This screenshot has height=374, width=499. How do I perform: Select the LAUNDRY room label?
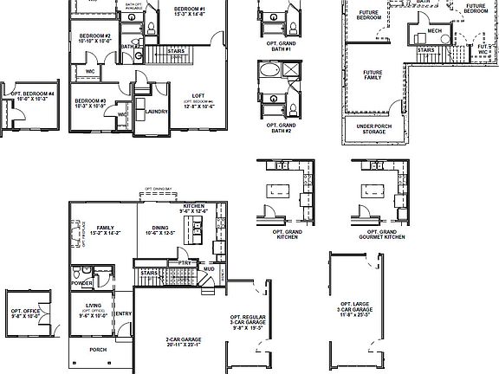point(157,111)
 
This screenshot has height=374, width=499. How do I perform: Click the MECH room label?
point(435,33)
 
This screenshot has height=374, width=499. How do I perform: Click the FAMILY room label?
point(106,229)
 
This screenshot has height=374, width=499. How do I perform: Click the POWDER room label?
point(83,282)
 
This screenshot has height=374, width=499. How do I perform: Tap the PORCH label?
point(99,350)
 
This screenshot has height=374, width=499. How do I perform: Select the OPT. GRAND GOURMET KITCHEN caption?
point(376,235)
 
